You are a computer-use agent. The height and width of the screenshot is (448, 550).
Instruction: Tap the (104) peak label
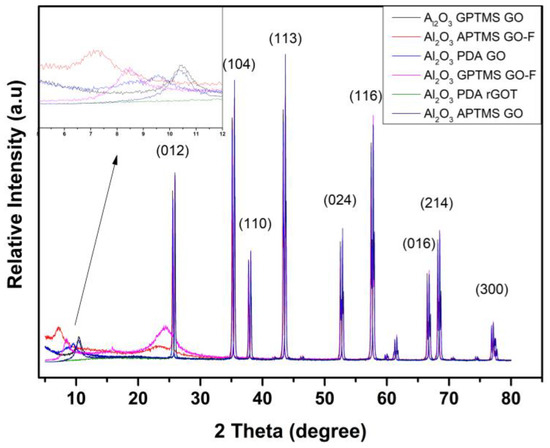(x=238, y=65)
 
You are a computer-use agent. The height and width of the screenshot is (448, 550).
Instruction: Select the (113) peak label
(x=288, y=38)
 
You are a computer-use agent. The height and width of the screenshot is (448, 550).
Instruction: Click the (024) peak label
(x=341, y=200)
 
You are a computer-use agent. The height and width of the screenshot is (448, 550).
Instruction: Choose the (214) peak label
(x=437, y=203)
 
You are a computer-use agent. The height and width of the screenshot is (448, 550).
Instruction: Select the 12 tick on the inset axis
(x=223, y=132)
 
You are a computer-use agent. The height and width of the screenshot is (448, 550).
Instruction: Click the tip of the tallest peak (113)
(x=286, y=54)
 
